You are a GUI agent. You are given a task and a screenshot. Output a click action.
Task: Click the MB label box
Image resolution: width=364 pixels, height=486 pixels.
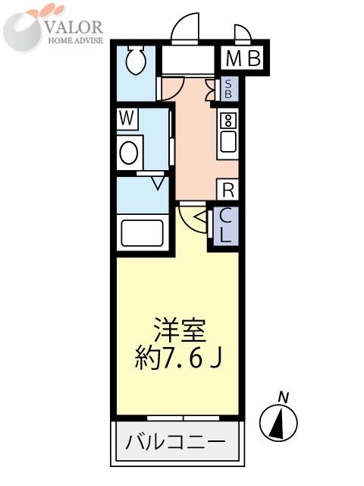click(243, 58)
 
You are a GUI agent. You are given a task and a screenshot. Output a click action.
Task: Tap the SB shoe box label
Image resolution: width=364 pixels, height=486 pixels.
click(227, 90)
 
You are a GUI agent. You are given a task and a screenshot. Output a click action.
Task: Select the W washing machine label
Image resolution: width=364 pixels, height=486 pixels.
click(127, 118)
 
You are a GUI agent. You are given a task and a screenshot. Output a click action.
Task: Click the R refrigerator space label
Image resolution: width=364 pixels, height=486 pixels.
click(227, 190)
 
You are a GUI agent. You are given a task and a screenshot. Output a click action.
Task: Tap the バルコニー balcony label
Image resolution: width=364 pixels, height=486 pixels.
click(175, 440)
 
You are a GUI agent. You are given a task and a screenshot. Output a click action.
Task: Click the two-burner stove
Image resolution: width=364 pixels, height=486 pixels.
click(227, 119)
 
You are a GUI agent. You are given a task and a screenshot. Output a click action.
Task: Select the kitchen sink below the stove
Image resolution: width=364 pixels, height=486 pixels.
click(227, 142)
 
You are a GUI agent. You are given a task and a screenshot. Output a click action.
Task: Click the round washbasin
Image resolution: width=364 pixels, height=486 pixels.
click(130, 153)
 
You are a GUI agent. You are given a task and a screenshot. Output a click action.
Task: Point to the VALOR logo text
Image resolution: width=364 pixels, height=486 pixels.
click(74, 25)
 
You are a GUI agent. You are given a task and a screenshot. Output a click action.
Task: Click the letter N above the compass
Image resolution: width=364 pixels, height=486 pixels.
click(284, 396)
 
